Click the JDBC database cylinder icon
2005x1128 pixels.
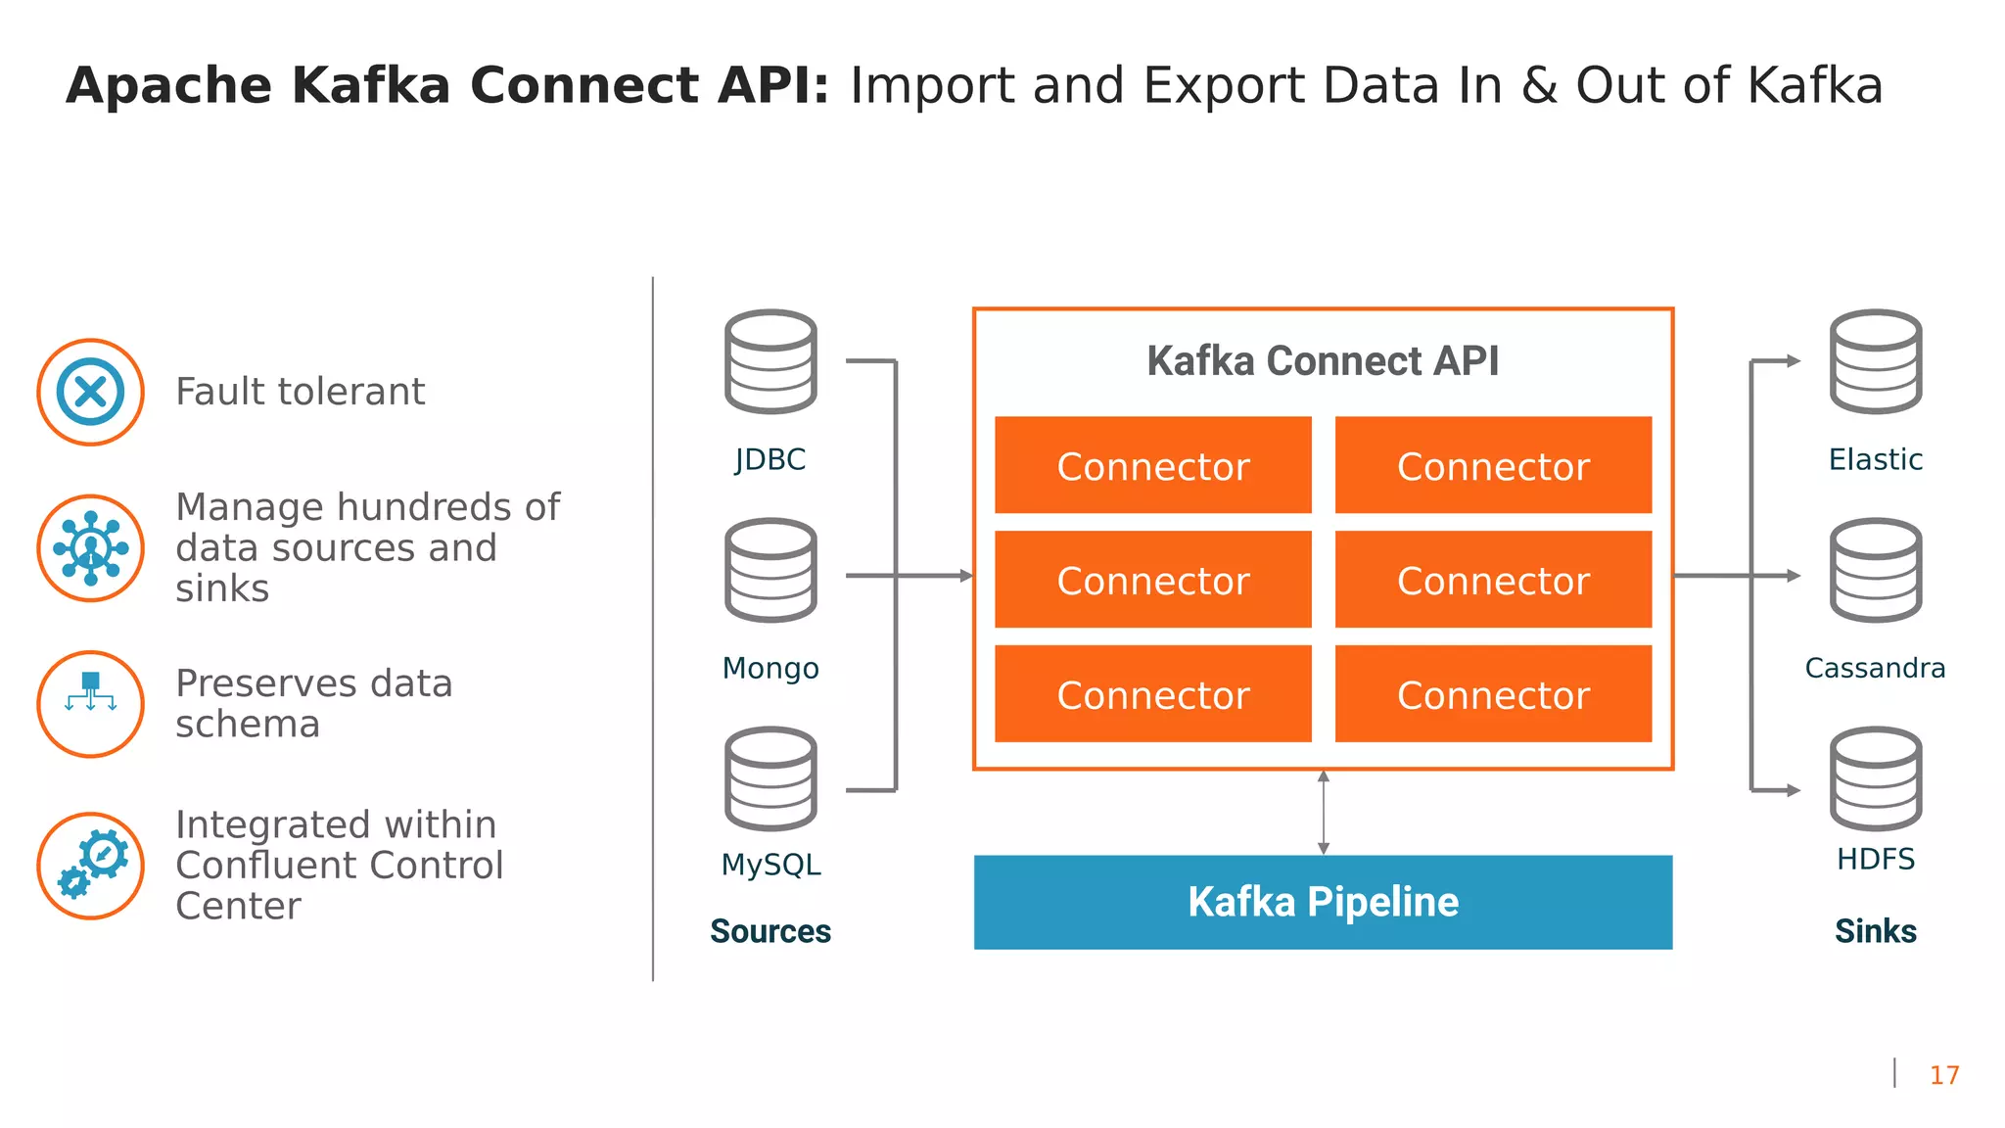pyautogui.click(x=770, y=361)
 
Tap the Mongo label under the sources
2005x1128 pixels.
pyautogui.click(x=770, y=668)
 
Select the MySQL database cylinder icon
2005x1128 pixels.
pyautogui.click(x=770, y=778)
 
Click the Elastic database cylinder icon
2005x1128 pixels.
pyautogui.click(x=1875, y=361)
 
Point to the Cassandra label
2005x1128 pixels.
pyautogui.click(x=1875, y=668)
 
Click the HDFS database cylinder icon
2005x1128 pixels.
pyautogui.click(x=1875, y=778)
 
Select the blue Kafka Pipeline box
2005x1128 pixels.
pyautogui.click(x=1323, y=902)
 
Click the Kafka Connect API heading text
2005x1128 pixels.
pyautogui.click(x=1323, y=360)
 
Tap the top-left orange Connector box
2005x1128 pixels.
pyautogui.click(x=1152, y=465)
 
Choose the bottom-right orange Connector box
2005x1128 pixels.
pyautogui.click(x=1493, y=693)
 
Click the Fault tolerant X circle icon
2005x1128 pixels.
pyautogui.click(x=90, y=392)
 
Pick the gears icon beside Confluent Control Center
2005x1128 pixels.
pyautogui.click(x=90, y=866)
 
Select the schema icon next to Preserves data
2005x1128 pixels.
pyautogui.click(x=90, y=704)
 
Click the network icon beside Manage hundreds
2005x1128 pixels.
pyautogui.click(x=90, y=548)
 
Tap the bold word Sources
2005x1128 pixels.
pyautogui.click(x=770, y=931)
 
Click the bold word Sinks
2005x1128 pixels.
pyautogui.click(x=1875, y=931)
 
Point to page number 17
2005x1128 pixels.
pyautogui.click(x=1943, y=1075)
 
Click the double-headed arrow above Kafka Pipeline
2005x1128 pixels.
pyautogui.click(x=1323, y=812)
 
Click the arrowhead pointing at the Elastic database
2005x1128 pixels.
pyautogui.click(x=1794, y=361)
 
